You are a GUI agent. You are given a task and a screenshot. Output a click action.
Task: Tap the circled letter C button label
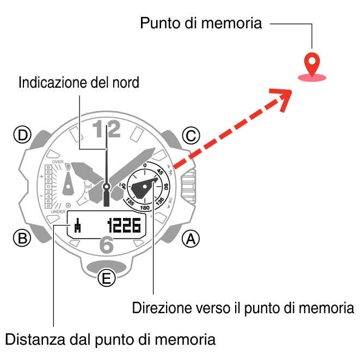tap(190, 136)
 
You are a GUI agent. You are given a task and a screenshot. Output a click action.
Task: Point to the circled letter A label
tap(190, 238)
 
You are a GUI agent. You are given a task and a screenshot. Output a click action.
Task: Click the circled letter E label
tap(107, 279)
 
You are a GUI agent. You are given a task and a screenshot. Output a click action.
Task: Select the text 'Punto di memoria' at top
tap(201, 23)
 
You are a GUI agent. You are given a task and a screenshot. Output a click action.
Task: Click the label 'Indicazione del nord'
tap(79, 83)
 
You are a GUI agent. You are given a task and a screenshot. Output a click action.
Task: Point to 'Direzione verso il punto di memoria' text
tap(243, 308)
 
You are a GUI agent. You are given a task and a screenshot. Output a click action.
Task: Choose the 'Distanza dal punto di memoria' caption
tap(110, 339)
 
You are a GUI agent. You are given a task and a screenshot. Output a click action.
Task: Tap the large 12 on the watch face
tap(106, 130)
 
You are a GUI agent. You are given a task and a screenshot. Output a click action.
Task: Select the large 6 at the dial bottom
tap(107, 246)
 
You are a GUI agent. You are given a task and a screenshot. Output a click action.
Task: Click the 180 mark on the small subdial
tap(145, 208)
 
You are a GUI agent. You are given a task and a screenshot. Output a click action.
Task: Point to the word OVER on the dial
tap(58, 162)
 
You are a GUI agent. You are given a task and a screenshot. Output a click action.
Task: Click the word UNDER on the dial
tap(58, 211)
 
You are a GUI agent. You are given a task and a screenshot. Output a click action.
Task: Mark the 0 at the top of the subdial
tap(145, 165)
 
